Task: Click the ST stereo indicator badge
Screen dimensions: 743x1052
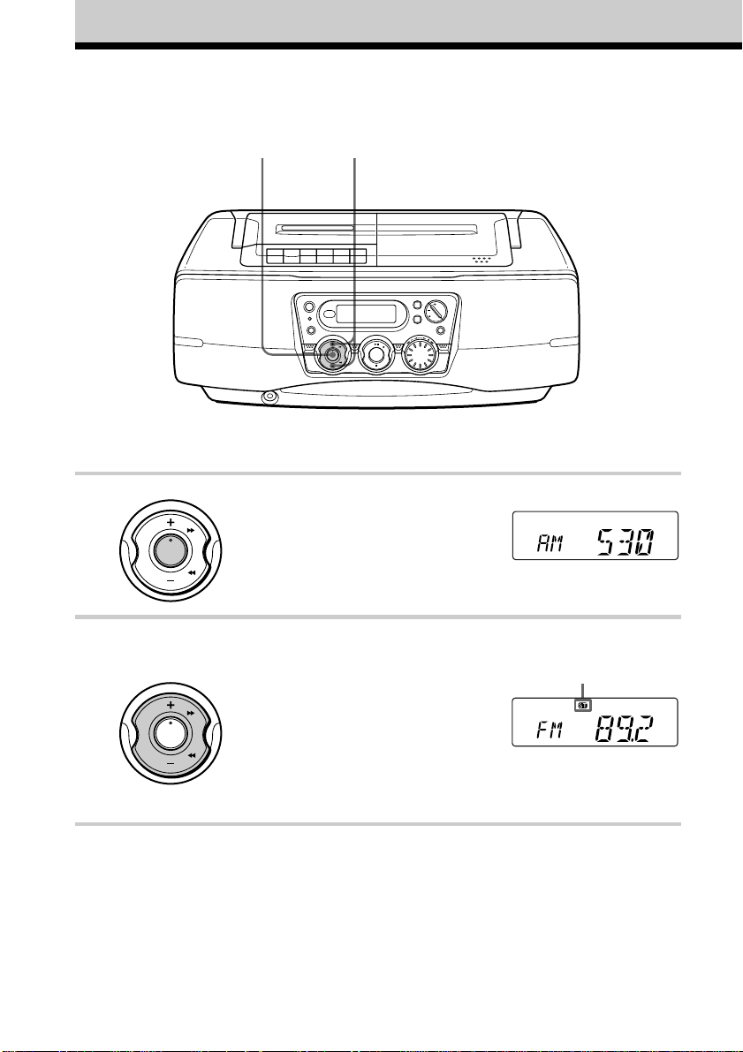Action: (x=582, y=706)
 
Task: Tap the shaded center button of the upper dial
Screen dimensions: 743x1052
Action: (x=171, y=550)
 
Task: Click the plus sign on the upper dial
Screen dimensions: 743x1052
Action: (x=171, y=521)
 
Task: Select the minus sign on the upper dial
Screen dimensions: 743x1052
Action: (x=171, y=579)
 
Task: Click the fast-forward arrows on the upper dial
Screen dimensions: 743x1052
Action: (x=191, y=529)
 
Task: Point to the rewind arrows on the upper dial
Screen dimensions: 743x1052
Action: (x=192, y=573)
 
